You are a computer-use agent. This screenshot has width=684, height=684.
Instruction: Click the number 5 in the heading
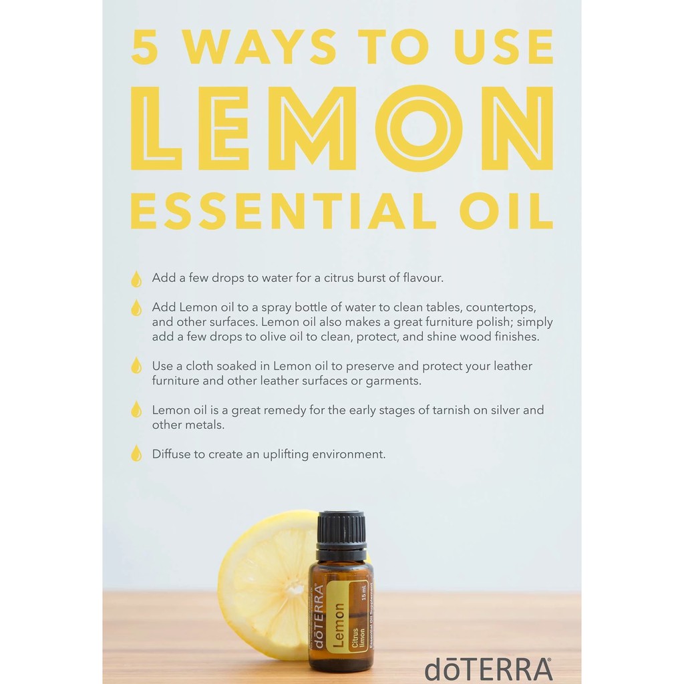(x=145, y=47)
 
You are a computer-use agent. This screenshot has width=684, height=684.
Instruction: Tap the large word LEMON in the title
(x=343, y=128)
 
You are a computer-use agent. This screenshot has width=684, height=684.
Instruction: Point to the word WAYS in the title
(x=261, y=47)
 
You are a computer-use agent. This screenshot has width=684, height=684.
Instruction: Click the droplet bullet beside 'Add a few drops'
(x=136, y=279)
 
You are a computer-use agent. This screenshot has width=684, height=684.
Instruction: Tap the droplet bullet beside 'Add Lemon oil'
(x=136, y=308)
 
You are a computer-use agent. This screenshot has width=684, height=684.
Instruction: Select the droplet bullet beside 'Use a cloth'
(x=136, y=365)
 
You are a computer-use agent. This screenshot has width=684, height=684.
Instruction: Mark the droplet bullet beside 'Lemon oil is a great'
(x=136, y=409)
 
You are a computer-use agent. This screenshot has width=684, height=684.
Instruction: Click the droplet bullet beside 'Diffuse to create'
(x=136, y=454)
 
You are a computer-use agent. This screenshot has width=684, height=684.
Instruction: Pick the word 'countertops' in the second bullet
(x=501, y=308)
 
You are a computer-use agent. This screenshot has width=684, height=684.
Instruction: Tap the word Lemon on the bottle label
(x=339, y=625)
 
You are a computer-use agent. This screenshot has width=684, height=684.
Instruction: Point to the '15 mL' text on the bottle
(x=364, y=593)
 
